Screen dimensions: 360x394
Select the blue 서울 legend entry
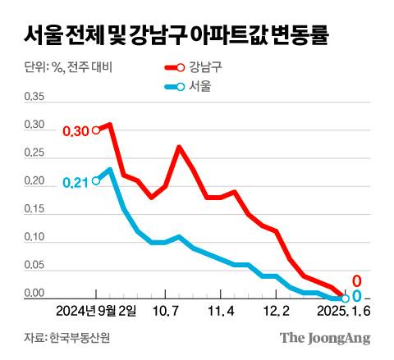(189, 87)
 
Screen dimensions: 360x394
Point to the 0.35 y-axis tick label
(35, 97)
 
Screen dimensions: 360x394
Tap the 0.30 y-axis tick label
(35, 125)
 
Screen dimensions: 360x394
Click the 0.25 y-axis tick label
(35, 153)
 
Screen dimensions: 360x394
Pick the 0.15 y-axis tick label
(35, 209)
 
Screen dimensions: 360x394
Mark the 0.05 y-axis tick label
(35, 266)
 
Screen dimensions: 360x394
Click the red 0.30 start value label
(75, 131)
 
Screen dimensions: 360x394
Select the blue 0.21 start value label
(75, 183)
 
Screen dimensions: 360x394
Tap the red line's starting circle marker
(97, 130)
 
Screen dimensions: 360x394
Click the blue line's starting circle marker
(97, 181)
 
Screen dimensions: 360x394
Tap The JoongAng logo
(325, 338)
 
